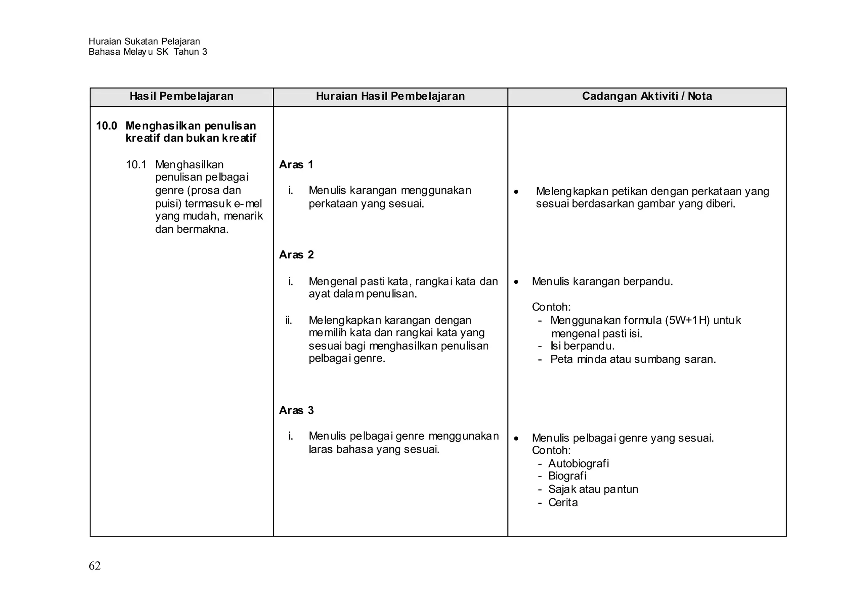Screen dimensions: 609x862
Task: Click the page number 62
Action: (95, 566)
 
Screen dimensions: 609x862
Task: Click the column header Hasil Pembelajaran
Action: (181, 96)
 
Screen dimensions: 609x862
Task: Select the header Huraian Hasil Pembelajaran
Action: (390, 96)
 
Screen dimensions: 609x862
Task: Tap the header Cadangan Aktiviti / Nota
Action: (647, 96)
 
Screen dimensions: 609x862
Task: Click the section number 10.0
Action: (106, 126)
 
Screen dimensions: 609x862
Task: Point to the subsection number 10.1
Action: (136, 165)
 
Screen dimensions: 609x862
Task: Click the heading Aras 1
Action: (296, 165)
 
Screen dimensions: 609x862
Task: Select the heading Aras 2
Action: (296, 255)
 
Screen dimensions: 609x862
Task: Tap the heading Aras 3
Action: (296, 410)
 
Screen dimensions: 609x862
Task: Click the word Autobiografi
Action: (578, 464)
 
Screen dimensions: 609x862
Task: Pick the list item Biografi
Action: (567, 476)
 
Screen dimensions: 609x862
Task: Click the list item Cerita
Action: (563, 503)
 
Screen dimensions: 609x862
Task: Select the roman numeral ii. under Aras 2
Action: (289, 321)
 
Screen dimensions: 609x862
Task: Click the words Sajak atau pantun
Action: (593, 489)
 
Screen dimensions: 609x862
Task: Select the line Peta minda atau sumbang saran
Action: (633, 359)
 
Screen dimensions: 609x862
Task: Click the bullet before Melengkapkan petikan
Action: (516, 192)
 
